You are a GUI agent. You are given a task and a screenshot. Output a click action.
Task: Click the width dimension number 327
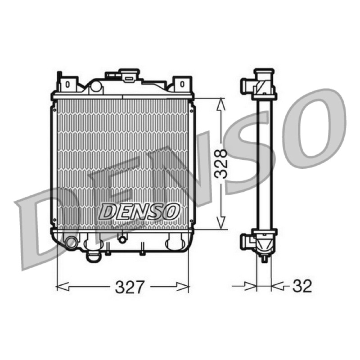coord(130,287)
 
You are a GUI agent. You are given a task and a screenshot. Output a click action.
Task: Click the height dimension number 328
coord(220,163)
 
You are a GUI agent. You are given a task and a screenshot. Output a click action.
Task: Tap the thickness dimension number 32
coord(302,286)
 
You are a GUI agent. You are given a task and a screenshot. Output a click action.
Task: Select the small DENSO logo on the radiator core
coord(139,211)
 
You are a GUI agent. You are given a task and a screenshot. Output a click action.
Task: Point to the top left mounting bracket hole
coord(67,84)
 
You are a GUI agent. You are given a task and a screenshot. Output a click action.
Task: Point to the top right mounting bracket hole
coord(182,84)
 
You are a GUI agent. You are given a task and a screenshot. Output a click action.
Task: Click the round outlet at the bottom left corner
coord(71,243)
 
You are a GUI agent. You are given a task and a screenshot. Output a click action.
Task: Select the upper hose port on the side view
coord(247,86)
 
